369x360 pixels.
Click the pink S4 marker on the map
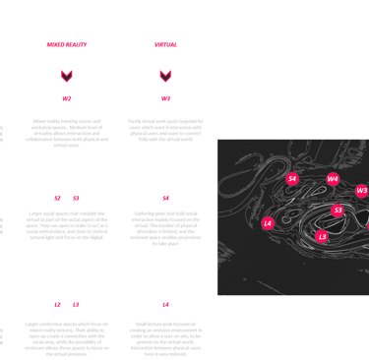pos(292,179)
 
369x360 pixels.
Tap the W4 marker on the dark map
pos(333,180)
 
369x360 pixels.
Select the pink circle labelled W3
pos(362,191)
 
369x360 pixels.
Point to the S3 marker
pos(338,210)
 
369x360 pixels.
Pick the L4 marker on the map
pos(268,223)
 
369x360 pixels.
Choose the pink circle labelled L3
pos(322,237)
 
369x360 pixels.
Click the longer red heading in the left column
pos(67,45)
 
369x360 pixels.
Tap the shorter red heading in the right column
pos(165,45)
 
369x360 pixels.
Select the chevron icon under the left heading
pos(67,76)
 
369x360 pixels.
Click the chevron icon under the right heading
pos(165,76)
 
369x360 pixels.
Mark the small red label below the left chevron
pos(67,98)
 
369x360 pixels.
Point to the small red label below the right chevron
pos(165,98)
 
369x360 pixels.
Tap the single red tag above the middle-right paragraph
pos(165,198)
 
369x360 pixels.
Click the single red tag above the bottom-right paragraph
pos(165,305)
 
